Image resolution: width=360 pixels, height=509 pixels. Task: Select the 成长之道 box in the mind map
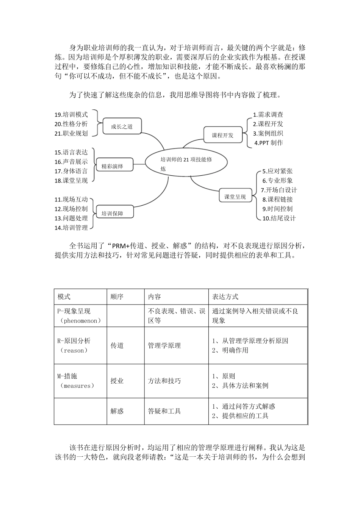(122, 126)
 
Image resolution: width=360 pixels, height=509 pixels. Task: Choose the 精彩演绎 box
(112, 166)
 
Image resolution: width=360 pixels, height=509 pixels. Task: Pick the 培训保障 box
(112, 214)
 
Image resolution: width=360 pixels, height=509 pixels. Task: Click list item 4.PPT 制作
(269, 143)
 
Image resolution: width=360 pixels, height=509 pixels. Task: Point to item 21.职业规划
(71, 133)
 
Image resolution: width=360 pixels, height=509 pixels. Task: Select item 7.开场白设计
(279, 190)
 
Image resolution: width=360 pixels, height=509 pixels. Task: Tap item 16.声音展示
(71, 162)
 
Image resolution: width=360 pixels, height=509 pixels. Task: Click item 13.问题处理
(71, 218)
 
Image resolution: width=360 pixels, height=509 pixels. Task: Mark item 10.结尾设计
(279, 218)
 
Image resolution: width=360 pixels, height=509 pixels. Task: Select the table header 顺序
(117, 297)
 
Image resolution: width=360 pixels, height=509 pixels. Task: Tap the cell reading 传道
(117, 345)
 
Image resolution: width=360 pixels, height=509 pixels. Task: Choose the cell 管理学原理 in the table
(164, 345)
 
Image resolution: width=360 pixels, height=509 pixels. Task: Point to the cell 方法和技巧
(164, 381)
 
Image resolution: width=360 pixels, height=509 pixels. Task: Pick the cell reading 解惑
(117, 411)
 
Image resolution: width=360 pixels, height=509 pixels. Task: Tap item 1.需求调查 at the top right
(268, 114)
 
